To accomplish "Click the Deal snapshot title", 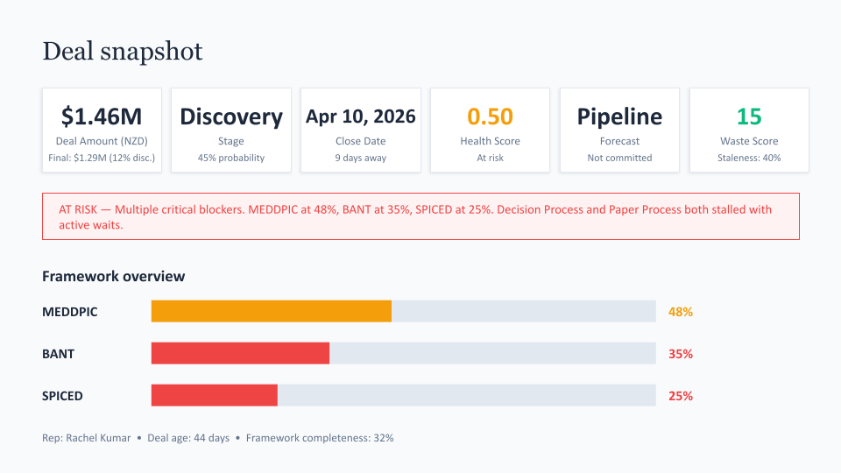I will tap(123, 52).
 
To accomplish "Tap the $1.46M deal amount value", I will tap(102, 116).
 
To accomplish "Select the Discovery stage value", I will tap(231, 116).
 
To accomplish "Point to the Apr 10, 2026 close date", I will tap(361, 116).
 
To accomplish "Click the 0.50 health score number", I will tap(490, 116).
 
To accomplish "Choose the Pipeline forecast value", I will tap(619, 116).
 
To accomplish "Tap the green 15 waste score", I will tap(749, 116).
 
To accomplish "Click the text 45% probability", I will tap(231, 158).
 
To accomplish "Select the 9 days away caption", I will tap(361, 158).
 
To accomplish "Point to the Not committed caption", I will tap(619, 158).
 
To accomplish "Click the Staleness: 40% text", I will tap(749, 158).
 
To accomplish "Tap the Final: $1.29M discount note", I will tap(102, 158).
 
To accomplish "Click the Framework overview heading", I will tap(113, 276).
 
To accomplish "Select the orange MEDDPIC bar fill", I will tap(272, 311).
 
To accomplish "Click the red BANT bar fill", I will tap(240, 353).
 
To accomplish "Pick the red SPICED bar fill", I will tap(215, 395).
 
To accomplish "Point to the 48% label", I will tap(681, 312).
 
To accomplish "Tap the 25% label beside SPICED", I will tap(681, 396).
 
